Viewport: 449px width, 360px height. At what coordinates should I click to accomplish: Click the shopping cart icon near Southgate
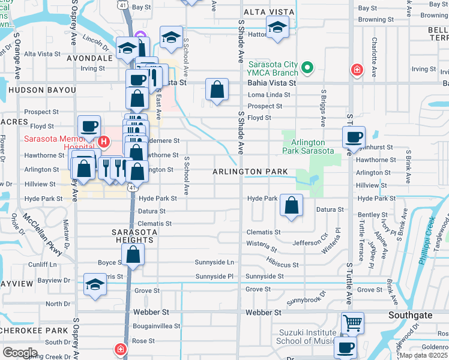(x=352, y=323)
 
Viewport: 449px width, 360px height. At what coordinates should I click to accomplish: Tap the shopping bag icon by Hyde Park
(x=291, y=205)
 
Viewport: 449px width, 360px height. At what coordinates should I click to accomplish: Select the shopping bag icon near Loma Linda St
(x=217, y=90)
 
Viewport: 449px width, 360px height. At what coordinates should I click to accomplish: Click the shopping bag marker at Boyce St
(x=133, y=254)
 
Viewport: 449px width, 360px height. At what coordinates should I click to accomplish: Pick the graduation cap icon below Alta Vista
(x=277, y=28)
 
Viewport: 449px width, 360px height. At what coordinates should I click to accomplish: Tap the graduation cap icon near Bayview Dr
(x=95, y=285)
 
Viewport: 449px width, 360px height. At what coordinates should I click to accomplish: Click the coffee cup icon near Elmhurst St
(x=354, y=136)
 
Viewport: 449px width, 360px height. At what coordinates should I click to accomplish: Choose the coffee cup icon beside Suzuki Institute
(x=346, y=347)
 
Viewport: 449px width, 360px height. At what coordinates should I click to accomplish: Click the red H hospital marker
(x=104, y=142)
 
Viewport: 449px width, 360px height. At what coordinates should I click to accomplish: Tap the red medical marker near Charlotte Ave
(x=357, y=69)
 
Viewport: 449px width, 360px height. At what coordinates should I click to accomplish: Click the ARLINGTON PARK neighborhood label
(x=250, y=172)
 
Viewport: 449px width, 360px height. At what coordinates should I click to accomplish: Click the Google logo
(x=20, y=353)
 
